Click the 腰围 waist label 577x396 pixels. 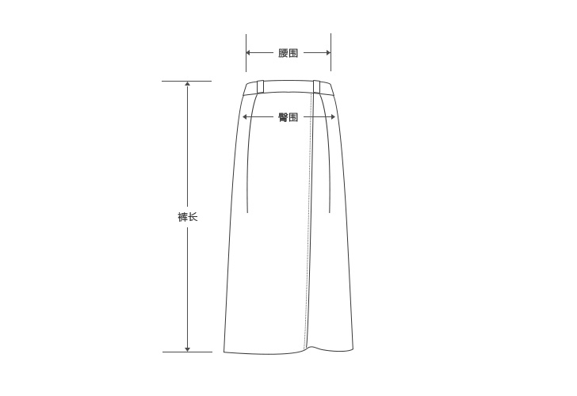pos(288,53)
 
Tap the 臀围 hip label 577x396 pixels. pos(288,117)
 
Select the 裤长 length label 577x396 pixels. pos(188,217)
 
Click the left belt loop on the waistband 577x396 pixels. pos(260,86)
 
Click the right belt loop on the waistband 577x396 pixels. pos(317,86)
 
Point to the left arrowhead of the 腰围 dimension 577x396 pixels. pos(248,52)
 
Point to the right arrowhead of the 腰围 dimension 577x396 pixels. pos(328,52)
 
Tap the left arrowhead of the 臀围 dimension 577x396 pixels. pos(244,117)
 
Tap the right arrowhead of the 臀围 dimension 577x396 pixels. pos(333,117)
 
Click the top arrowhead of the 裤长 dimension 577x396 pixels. pos(188,84)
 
